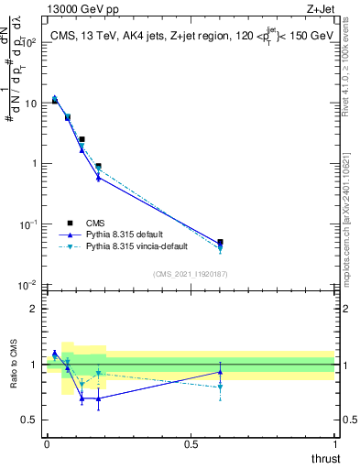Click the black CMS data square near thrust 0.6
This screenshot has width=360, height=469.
pos(220,243)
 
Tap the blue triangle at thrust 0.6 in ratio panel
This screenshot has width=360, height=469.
pos(220,372)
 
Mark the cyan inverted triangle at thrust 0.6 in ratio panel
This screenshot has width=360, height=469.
pos(220,387)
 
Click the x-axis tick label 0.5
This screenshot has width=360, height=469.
pos(191,443)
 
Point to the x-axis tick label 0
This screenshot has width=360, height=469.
pos(47,443)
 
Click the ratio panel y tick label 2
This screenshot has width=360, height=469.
pos(34,309)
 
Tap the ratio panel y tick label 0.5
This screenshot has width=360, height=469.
pos(30,420)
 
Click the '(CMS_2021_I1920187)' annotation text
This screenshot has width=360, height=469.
pos(190,274)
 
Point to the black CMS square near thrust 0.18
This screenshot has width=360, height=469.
pos(98,167)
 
